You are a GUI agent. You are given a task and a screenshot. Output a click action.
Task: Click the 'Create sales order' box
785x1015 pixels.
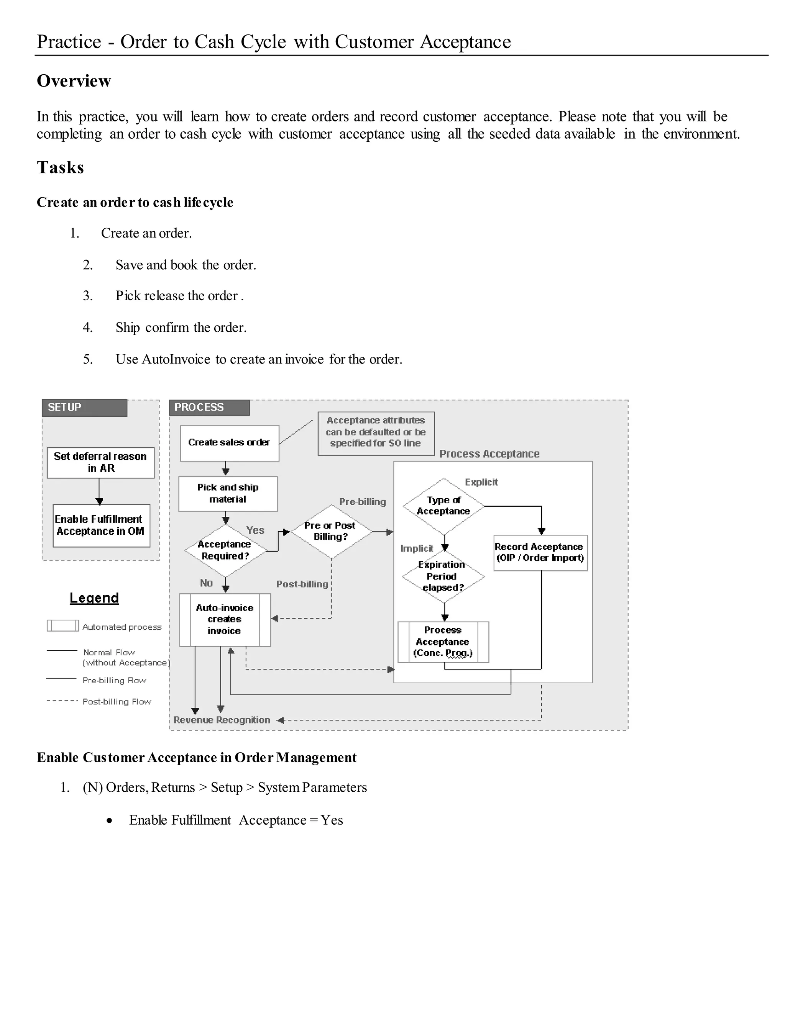(x=229, y=443)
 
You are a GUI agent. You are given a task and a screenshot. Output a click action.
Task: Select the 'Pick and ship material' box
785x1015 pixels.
(x=228, y=494)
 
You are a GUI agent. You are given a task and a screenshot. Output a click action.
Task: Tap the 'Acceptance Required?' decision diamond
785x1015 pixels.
(x=225, y=550)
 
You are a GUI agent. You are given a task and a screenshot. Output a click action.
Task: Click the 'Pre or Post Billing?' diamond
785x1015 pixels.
(x=331, y=531)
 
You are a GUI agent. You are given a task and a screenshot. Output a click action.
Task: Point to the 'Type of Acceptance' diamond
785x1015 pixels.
(x=443, y=506)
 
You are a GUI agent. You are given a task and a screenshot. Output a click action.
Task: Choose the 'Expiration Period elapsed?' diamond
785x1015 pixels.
(x=443, y=576)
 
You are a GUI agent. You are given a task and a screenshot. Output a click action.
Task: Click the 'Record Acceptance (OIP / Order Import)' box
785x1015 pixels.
(x=540, y=553)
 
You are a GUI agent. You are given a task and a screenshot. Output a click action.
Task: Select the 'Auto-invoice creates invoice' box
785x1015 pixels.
(x=225, y=619)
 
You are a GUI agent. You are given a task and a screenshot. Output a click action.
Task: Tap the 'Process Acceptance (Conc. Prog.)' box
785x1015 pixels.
(x=443, y=642)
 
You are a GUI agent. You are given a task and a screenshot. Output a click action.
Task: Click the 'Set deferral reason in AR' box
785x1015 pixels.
(x=100, y=462)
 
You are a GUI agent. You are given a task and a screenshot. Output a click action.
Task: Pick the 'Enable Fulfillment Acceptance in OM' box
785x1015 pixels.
(x=101, y=526)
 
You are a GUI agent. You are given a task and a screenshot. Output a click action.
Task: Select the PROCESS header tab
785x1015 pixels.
(x=209, y=408)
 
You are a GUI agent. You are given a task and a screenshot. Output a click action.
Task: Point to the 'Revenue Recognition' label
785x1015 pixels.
(x=222, y=720)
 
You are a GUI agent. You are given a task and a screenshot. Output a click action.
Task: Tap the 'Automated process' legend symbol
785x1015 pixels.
(x=63, y=625)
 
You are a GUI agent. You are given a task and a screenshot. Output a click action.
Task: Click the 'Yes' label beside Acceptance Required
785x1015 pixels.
(x=255, y=530)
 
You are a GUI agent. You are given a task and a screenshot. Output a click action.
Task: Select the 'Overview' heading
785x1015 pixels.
(x=74, y=81)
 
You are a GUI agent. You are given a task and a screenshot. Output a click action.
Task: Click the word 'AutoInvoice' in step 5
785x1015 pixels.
(x=176, y=359)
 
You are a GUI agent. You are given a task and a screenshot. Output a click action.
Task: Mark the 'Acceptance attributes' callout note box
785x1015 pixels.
(x=376, y=433)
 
